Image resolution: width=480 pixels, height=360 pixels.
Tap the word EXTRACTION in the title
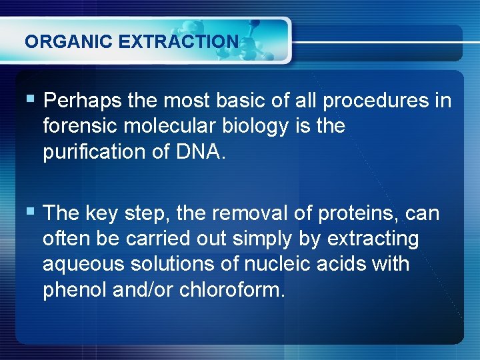coord(178,41)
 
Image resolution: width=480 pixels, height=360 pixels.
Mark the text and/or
coord(144,290)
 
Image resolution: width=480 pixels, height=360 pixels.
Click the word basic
coord(243,101)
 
